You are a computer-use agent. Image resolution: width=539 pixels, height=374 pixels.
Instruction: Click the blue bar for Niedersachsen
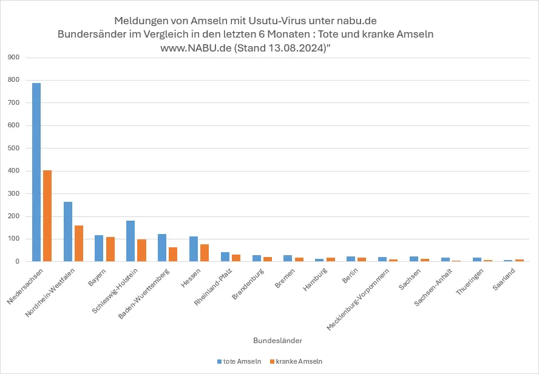click(x=36, y=172)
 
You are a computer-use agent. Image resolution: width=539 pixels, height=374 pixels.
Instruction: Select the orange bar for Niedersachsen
click(x=47, y=216)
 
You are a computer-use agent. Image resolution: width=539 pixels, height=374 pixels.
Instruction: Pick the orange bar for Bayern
click(x=110, y=249)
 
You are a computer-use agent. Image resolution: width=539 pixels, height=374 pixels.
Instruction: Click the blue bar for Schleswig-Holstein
click(x=131, y=241)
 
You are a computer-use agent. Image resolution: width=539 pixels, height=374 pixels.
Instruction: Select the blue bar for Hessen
click(x=194, y=249)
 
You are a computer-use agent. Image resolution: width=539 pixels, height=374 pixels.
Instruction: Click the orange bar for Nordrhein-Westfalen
click(x=79, y=244)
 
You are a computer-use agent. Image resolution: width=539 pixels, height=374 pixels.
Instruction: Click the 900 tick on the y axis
click(x=13, y=58)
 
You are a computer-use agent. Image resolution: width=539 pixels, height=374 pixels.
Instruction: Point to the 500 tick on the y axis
click(x=13, y=149)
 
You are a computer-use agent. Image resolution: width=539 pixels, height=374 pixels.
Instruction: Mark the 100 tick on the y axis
click(x=13, y=239)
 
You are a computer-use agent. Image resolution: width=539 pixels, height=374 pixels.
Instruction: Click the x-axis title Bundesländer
click(x=269, y=341)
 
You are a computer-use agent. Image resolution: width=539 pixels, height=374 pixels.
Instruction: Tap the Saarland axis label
click(x=504, y=281)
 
